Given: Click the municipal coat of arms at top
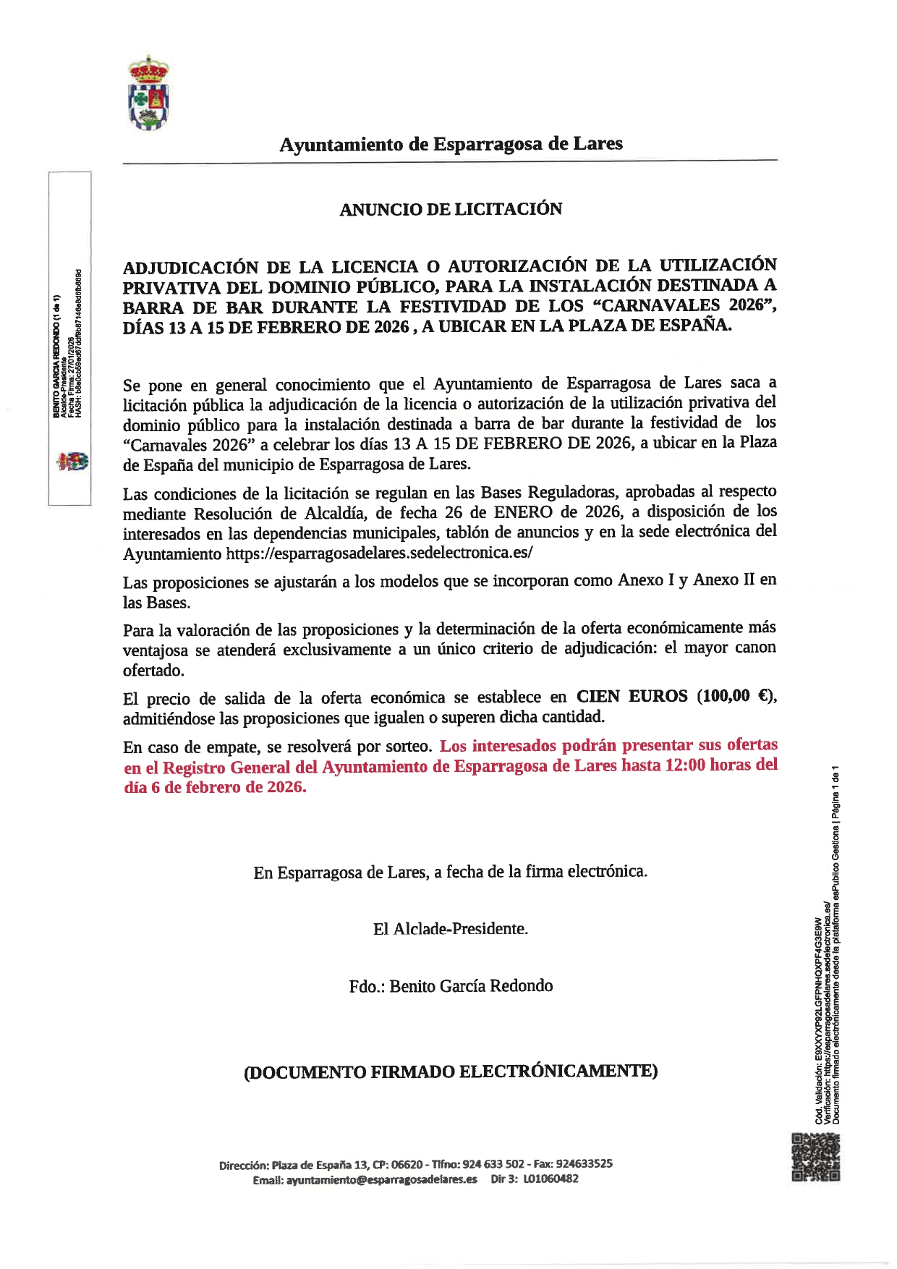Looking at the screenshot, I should [x=149, y=94].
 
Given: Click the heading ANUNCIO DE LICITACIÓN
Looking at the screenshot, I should [x=451, y=209].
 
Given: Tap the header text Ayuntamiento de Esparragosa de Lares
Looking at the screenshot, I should [x=451, y=144].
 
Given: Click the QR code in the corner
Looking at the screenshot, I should [x=815, y=1158].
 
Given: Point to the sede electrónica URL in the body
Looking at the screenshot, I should [x=380, y=553].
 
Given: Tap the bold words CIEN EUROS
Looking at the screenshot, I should [x=632, y=696].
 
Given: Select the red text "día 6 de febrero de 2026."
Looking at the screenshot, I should [x=215, y=787].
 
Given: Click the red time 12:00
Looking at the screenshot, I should [x=684, y=765].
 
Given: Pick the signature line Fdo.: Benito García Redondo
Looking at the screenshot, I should [x=451, y=986].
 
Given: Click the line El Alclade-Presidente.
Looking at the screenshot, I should [x=451, y=929].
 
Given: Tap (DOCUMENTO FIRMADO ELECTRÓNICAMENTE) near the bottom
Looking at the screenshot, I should [x=451, y=1071].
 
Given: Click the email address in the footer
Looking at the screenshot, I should [x=382, y=1179].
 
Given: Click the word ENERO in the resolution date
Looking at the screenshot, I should [x=523, y=512].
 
